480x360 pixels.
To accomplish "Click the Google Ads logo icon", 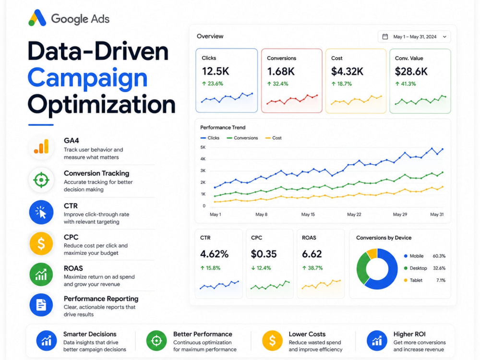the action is tap(37, 18).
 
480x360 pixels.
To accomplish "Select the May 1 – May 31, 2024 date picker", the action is tap(414, 37).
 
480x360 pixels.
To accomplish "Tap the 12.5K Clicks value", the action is tap(216, 72).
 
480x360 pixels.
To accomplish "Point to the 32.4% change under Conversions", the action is tap(277, 84).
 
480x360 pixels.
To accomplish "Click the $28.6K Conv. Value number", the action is tap(411, 72).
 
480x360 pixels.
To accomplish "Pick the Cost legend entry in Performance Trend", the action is tap(274, 138).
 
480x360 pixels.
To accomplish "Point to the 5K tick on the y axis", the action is tap(203, 147).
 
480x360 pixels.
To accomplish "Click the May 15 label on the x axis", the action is tap(308, 214).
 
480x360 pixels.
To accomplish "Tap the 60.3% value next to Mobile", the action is tap(439, 256).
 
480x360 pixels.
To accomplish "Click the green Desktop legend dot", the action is tap(406, 268).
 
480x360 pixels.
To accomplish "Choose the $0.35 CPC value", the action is tap(264, 254).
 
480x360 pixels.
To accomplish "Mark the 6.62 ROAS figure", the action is tap(312, 254).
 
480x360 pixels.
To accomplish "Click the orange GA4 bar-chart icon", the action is tap(41, 146).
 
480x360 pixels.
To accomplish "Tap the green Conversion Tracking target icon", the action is tap(41, 180).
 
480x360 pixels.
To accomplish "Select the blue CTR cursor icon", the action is tap(41, 212).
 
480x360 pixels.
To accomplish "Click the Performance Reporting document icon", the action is tap(41, 305).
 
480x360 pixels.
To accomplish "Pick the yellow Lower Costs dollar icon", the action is tap(272, 340).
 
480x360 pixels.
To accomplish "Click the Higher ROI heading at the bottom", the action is tap(409, 334).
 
